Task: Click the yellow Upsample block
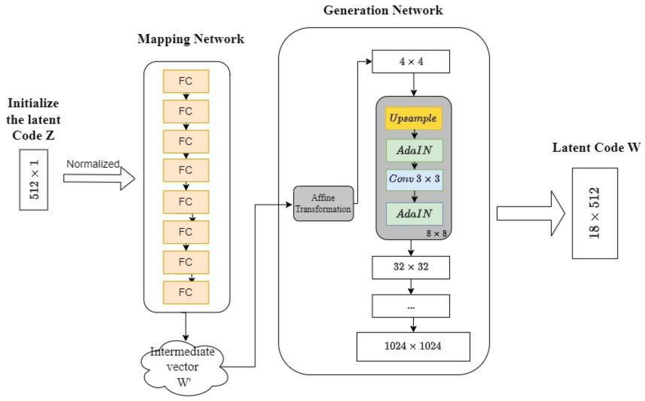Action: click(x=413, y=118)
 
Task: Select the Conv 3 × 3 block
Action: click(x=414, y=180)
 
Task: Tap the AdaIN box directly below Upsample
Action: click(x=414, y=150)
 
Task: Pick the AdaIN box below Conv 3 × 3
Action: click(x=414, y=214)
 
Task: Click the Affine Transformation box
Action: click(x=324, y=203)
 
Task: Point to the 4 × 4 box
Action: click(x=411, y=62)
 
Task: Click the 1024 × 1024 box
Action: click(x=413, y=346)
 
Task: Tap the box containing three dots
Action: click(x=411, y=306)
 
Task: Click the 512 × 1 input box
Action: click(x=34, y=180)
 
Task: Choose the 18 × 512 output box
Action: click(x=595, y=213)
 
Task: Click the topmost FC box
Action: click(x=186, y=81)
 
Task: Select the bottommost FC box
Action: click(x=186, y=292)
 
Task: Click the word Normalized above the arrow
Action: click(x=93, y=164)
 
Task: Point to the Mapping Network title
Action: click(x=191, y=39)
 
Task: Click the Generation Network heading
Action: click(x=383, y=11)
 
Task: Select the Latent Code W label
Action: click(x=596, y=148)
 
